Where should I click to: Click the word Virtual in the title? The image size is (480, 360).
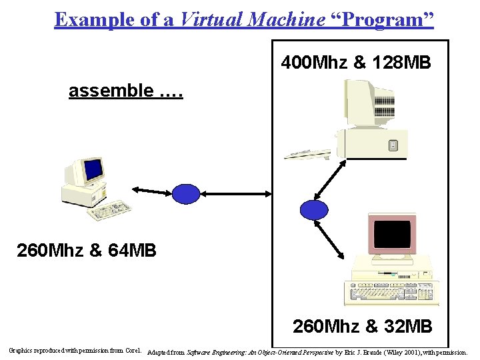210,19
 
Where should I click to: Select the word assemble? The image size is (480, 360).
111,91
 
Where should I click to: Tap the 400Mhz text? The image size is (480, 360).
314,63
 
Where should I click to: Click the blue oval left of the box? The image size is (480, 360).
186,193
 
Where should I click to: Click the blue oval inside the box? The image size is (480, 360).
314,209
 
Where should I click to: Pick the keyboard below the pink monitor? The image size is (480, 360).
391,293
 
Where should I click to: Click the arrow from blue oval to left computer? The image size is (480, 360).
153,192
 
